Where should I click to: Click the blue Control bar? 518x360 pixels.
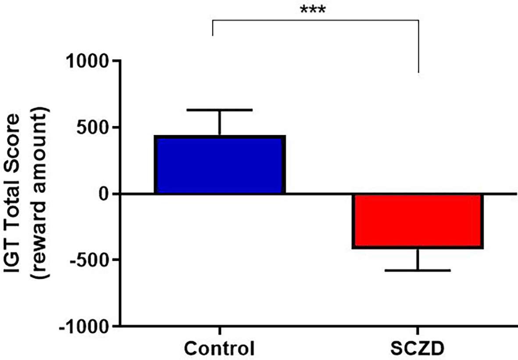point(220,165)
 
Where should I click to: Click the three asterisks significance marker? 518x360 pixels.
point(313,10)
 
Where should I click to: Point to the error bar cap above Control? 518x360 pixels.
point(220,110)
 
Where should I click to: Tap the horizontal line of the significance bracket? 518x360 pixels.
point(315,20)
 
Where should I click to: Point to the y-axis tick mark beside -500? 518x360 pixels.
point(115,260)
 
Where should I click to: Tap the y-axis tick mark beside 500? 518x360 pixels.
point(115,127)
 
